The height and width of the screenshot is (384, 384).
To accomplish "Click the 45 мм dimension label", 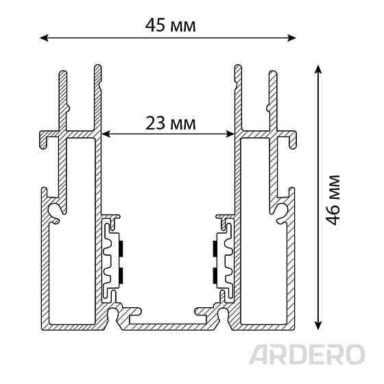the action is pyautogui.click(x=171, y=25).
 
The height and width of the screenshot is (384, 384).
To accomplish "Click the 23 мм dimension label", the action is pyautogui.click(x=171, y=123).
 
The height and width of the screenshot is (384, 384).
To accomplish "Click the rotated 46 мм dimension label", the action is pyautogui.click(x=333, y=200).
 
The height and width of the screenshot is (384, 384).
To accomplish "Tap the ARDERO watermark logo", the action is pyautogui.click(x=307, y=354).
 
